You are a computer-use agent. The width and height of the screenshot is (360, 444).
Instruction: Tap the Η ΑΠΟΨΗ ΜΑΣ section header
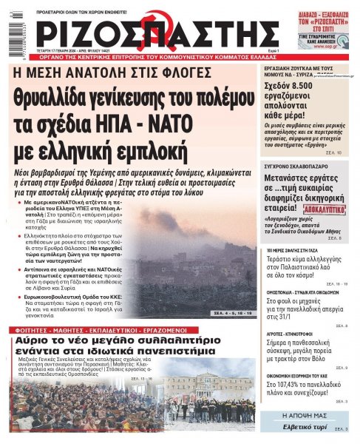click(310, 417)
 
